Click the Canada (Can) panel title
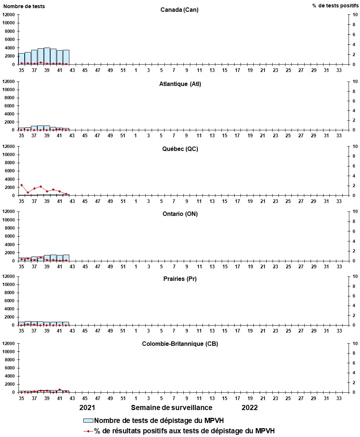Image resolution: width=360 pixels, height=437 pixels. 179,10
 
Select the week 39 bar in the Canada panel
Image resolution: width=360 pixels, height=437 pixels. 47,56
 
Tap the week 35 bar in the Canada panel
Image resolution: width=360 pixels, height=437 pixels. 21,59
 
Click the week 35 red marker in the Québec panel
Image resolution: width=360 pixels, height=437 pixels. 21,185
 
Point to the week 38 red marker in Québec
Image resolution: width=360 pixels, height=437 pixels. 41,186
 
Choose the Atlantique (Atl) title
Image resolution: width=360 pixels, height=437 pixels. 180,84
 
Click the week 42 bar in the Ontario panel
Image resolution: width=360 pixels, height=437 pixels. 66,258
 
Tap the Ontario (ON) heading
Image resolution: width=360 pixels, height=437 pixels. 180,214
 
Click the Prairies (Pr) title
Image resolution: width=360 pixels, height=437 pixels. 180,279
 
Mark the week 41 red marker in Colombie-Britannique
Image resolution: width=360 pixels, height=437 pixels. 60,389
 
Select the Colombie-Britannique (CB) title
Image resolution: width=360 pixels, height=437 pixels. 180,344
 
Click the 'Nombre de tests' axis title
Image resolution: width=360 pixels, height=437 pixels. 24,6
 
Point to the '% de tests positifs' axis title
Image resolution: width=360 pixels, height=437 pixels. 335,6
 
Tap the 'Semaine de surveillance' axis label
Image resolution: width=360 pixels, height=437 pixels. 172,408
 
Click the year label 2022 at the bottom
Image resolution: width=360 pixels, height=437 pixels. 250,408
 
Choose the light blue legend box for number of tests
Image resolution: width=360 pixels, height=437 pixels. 89,421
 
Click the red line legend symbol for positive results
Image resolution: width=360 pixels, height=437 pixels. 89,431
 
